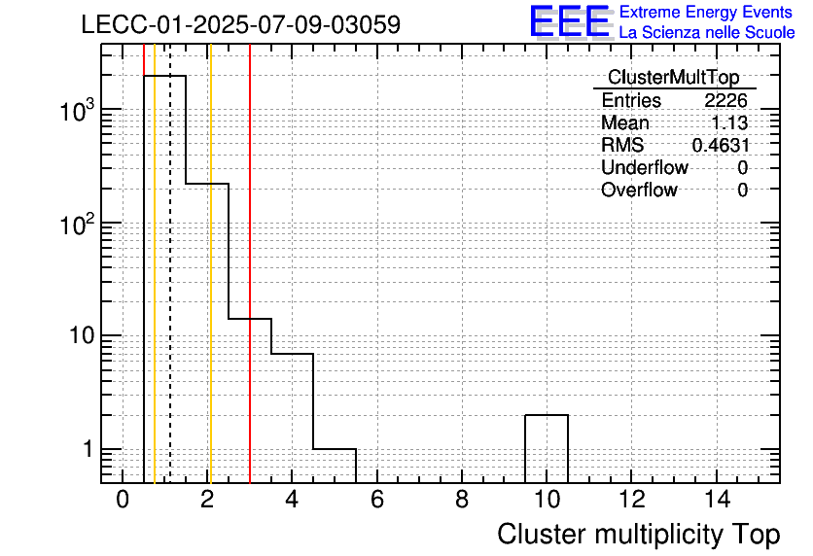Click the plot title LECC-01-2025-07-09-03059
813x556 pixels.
241,24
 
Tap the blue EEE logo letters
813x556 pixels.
570,21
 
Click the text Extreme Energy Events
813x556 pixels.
706,12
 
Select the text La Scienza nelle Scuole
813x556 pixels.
707,32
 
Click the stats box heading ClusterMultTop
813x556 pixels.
674,77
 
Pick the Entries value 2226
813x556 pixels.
725,100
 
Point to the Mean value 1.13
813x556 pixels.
729,122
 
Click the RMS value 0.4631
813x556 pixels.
721,145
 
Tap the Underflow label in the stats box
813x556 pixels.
645,167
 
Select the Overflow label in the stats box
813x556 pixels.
639,190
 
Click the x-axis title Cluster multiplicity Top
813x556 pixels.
639,535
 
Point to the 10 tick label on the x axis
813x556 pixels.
547,500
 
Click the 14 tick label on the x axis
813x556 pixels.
717,500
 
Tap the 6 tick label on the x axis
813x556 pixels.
377,500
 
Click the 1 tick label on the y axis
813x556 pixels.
88,449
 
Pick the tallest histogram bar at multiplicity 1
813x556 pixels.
165,279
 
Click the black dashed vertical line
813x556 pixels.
170,263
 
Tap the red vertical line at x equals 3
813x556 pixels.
250,263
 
